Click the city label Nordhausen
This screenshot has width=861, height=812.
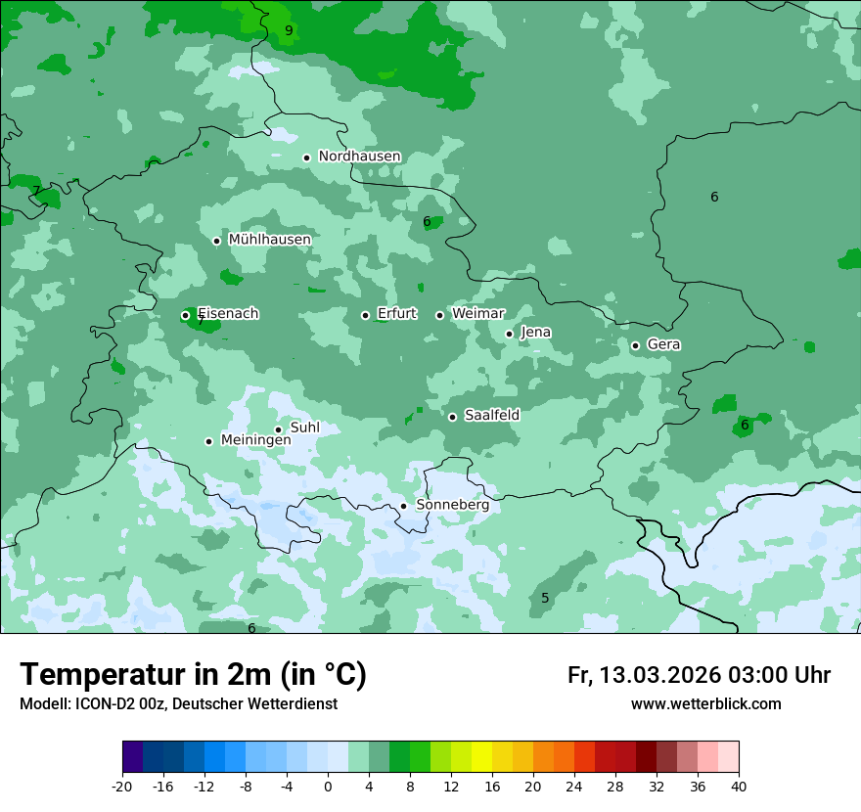click(x=359, y=157)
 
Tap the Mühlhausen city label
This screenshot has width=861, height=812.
click(x=269, y=240)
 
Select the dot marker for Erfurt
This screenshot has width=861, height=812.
click(x=365, y=315)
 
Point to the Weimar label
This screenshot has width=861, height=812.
click(x=477, y=314)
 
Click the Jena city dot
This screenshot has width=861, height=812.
click(x=509, y=334)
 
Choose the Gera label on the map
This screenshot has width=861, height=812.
click(x=663, y=344)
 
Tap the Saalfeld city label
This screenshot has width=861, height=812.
click(x=491, y=416)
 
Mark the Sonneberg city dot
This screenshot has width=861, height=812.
click(x=403, y=506)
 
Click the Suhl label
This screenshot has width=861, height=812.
click(x=304, y=428)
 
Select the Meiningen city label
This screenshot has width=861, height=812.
click(x=255, y=440)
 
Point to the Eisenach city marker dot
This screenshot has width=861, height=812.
click(x=185, y=315)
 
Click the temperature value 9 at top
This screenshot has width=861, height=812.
click(x=289, y=30)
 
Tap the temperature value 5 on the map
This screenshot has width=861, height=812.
click(x=545, y=598)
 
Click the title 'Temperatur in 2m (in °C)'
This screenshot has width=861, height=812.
click(x=193, y=675)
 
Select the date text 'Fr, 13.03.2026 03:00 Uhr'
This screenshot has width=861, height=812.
click(x=699, y=675)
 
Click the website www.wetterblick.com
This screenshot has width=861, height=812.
click(x=705, y=704)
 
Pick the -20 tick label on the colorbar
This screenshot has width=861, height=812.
click(x=122, y=787)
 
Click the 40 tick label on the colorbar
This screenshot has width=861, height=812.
click(x=738, y=787)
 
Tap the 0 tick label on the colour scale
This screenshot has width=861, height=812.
click(x=328, y=787)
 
